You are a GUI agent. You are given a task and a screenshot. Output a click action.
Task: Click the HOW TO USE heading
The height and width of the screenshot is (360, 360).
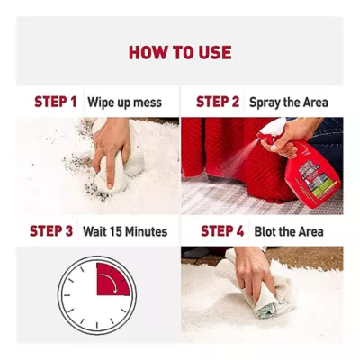point(180,52)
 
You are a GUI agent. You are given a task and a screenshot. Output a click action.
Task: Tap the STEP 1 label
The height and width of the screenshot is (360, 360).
point(56,102)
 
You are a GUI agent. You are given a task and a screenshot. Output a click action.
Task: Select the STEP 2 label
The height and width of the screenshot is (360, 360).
point(218,102)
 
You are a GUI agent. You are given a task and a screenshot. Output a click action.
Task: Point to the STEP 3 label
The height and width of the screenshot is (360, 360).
point(51,231)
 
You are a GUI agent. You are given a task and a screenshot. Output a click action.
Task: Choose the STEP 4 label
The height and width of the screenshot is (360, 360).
point(222,231)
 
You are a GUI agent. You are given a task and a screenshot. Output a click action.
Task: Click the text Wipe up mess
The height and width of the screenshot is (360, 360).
point(124,103)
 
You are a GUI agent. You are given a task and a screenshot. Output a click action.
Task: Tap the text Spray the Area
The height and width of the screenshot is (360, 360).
point(289,103)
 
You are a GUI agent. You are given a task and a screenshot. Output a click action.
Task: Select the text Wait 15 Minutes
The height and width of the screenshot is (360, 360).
point(125,231)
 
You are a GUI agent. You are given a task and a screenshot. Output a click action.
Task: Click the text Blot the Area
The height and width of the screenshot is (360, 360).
point(289,231)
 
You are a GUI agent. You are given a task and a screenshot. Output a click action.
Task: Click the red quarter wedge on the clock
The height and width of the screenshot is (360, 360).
point(111,281)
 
